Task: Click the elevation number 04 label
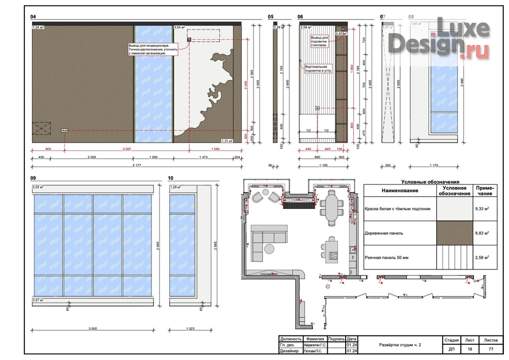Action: point(34,17)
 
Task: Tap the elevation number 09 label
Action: point(34,178)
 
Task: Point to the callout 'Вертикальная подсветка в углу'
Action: point(318,69)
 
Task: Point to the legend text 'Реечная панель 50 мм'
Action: point(387,258)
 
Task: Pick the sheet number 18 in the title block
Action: point(469,350)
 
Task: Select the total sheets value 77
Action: point(491,350)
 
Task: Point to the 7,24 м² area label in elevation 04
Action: point(38,26)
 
